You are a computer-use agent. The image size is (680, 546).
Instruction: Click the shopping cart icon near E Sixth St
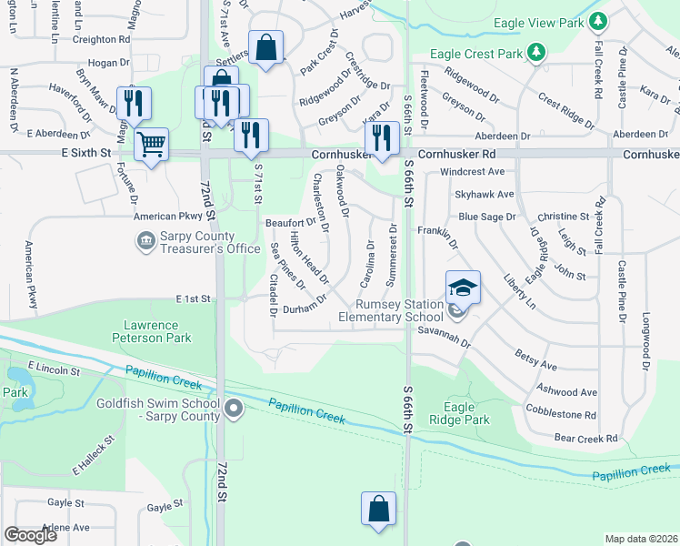[152, 143]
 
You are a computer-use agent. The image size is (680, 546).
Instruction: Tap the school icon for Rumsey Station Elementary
[463, 288]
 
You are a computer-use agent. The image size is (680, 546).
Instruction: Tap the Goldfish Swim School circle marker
[235, 409]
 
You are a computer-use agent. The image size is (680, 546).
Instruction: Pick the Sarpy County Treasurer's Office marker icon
[145, 241]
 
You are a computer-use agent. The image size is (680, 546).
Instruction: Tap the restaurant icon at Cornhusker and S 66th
[380, 137]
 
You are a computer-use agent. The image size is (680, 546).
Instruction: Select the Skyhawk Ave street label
[485, 194]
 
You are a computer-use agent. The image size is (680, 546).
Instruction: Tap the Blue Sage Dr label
[486, 217]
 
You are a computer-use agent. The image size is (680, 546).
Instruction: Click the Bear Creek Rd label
[586, 439]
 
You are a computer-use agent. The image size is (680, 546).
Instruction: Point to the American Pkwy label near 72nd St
[166, 217]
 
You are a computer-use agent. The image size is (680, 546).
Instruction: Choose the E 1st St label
[193, 298]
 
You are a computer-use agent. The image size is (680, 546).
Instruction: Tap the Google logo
[30, 535]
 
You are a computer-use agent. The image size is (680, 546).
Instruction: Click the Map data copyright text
[640, 539]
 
